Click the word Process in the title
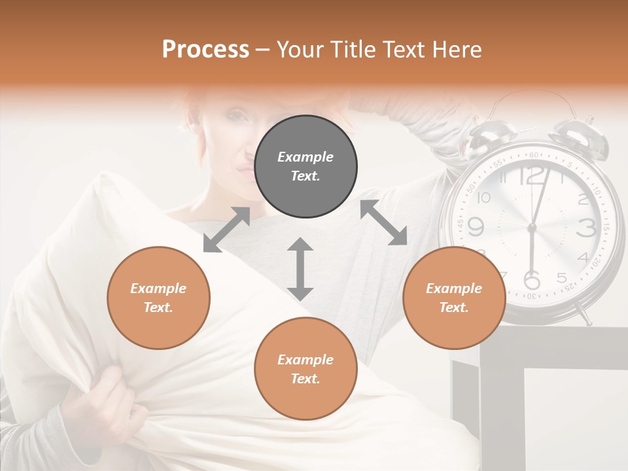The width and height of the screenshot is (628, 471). (205, 50)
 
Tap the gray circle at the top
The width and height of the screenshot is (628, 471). (305, 167)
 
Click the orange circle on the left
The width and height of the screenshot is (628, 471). (158, 298)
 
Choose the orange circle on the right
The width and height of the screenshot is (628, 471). (454, 298)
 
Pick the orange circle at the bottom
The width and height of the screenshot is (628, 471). (305, 369)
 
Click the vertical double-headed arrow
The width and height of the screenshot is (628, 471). (300, 269)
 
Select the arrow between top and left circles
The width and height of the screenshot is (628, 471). (226, 230)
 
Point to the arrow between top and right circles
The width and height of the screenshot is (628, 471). (383, 223)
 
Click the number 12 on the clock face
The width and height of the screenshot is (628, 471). (533, 175)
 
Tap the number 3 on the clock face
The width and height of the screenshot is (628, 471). (586, 228)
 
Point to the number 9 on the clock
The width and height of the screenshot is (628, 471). (476, 226)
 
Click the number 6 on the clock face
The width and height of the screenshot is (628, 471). (532, 279)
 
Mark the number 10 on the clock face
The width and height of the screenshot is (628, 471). (483, 198)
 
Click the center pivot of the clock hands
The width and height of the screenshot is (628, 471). (531, 227)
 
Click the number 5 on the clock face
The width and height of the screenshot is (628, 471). (562, 278)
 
